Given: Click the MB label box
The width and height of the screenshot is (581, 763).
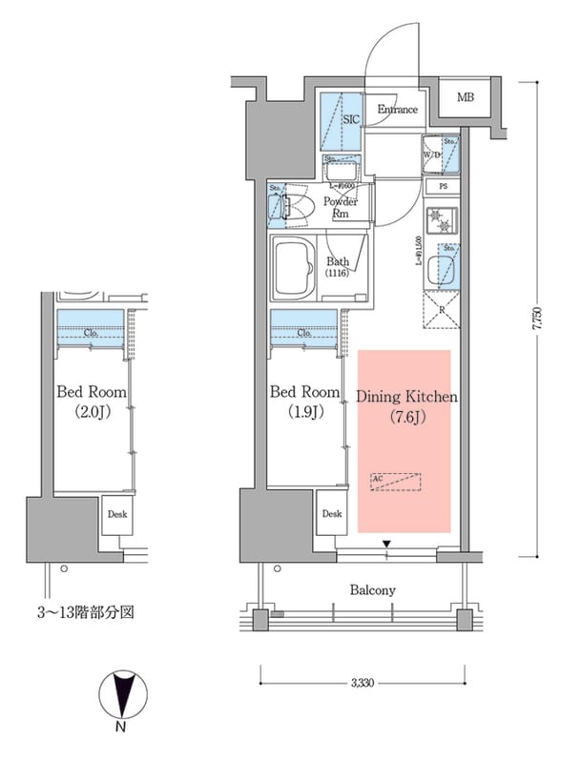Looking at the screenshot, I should (x=465, y=98).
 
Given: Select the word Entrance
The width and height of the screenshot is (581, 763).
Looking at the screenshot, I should (x=397, y=110).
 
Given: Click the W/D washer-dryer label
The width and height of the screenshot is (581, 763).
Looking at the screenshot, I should (x=431, y=155).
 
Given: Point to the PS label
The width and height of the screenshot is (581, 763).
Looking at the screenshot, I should (x=444, y=187).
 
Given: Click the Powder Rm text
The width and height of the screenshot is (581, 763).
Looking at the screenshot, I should (x=340, y=207).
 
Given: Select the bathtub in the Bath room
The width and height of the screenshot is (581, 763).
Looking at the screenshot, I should (x=297, y=269).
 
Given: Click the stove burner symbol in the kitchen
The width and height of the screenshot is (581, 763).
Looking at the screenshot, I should (x=444, y=223).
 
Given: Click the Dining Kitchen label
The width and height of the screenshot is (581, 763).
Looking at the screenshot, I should (x=406, y=404).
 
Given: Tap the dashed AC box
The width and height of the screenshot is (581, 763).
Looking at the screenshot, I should (x=395, y=482).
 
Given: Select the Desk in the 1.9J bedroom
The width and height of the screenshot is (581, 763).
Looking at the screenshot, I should (x=331, y=514).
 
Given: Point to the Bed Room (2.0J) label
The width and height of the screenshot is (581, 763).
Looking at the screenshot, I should (x=92, y=402).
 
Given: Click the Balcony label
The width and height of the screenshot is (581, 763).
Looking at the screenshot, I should (x=372, y=590).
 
